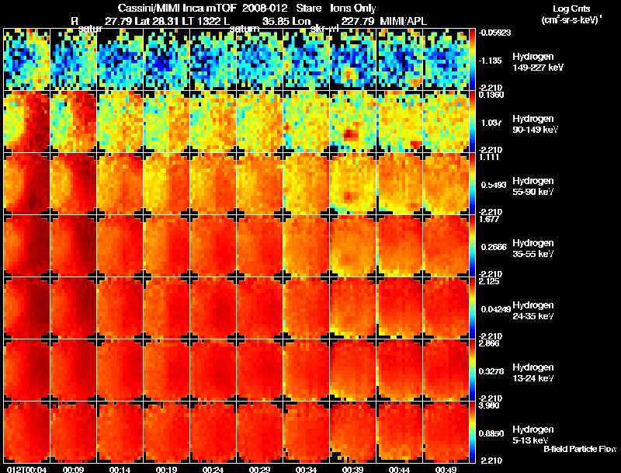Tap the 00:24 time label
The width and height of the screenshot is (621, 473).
click(213, 469)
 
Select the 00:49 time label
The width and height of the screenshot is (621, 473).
click(446, 469)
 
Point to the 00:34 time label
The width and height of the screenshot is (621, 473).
click(306, 469)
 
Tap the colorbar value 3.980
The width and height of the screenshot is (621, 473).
click(490, 405)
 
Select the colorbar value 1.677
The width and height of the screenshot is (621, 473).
click(490, 219)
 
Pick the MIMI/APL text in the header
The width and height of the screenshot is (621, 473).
click(404, 21)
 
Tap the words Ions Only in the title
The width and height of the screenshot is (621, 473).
click(352, 9)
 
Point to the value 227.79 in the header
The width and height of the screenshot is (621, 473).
click(356, 21)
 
